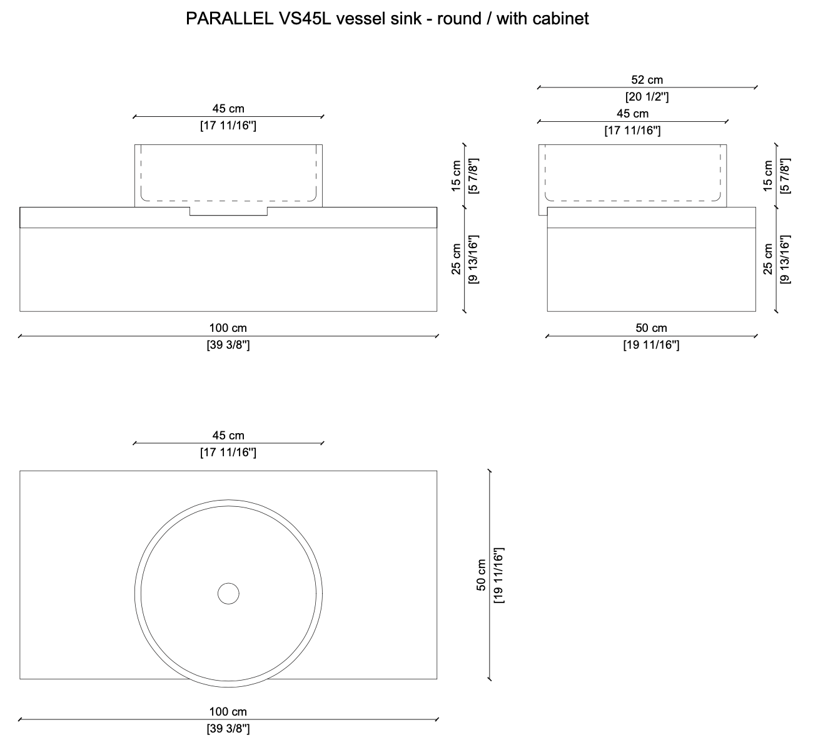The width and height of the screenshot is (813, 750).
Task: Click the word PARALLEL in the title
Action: [230, 19]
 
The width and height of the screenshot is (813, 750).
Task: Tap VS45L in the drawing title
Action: [305, 19]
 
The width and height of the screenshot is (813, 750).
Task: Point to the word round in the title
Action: [459, 19]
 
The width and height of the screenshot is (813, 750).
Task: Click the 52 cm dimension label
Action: [647, 80]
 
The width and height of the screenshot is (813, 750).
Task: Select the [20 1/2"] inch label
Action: [647, 97]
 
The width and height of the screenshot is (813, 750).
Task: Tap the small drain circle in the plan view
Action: [228, 593]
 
